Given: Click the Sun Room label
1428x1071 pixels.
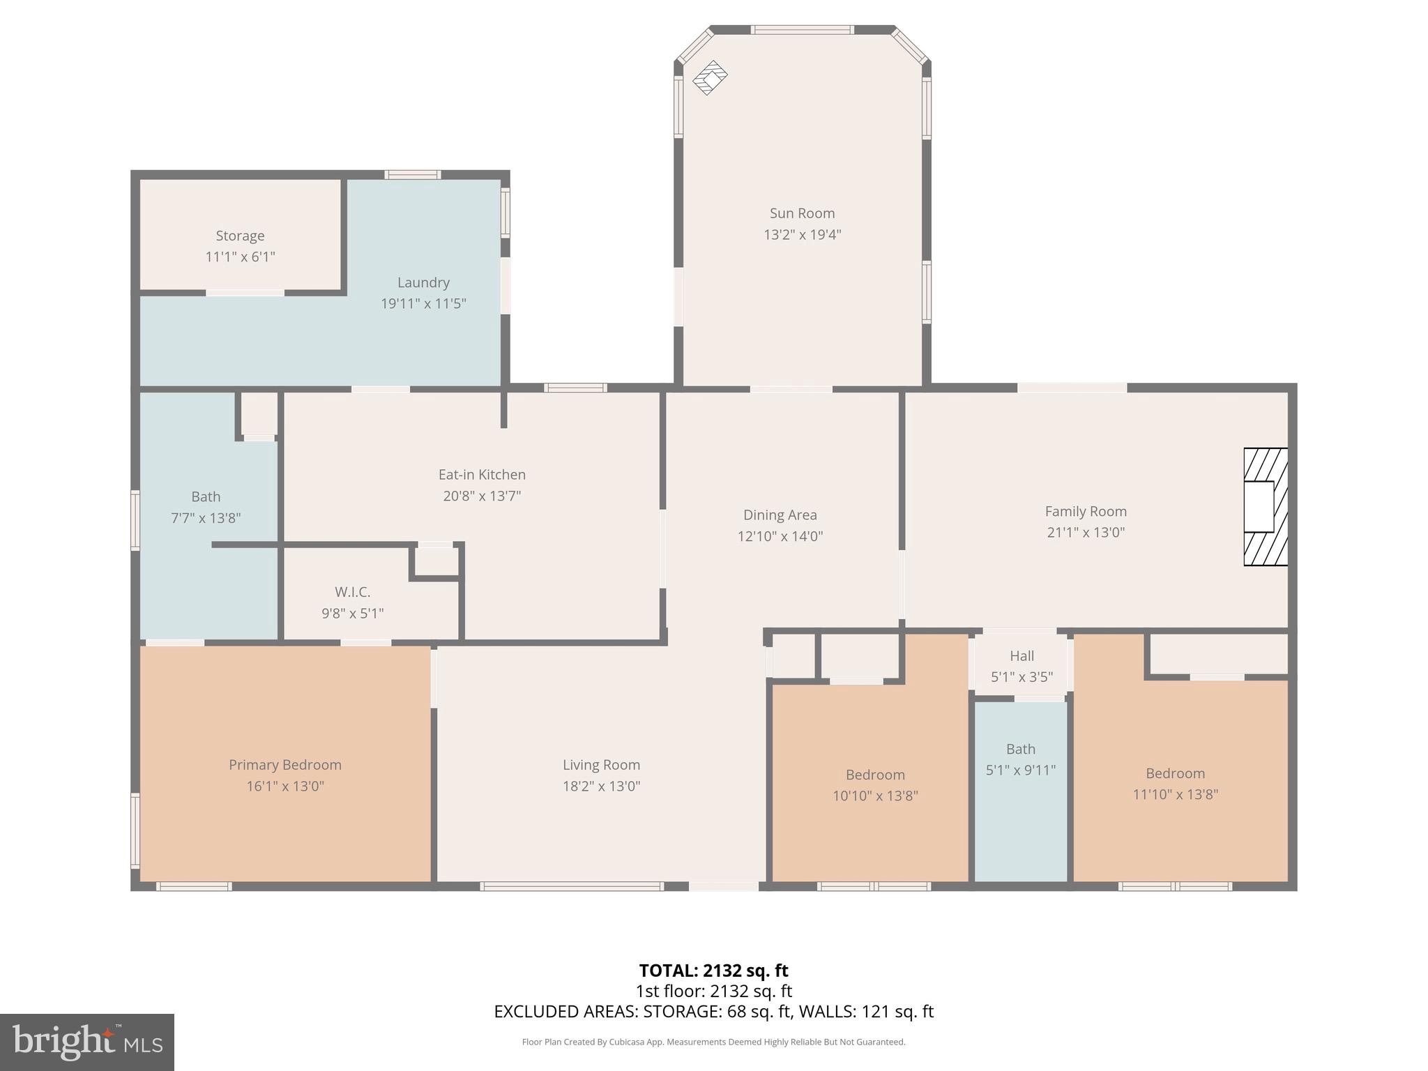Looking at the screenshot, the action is [802, 213].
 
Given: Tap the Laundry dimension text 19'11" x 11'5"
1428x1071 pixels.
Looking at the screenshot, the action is [423, 303].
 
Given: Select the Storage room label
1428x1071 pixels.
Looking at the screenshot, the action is [240, 236].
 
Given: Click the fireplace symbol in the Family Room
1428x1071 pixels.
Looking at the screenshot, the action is [1266, 506].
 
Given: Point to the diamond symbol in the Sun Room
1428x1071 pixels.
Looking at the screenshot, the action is [710, 77].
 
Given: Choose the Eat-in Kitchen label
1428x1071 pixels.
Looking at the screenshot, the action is [482, 474].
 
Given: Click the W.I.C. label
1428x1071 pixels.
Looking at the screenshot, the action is [352, 592].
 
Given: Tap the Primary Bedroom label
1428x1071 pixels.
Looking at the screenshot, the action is [285, 765].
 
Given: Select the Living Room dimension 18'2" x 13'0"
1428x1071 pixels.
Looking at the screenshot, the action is [601, 786].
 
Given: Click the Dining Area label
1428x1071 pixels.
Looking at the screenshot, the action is [780, 515].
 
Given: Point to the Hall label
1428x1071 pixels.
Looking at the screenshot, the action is [1021, 655].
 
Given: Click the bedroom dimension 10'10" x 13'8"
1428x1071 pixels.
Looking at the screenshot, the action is [875, 796].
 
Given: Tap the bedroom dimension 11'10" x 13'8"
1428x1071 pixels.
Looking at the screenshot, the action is [1176, 794].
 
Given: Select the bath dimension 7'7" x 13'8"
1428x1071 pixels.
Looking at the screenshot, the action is [206, 518].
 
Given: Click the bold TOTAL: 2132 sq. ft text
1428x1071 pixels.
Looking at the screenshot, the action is [713, 971].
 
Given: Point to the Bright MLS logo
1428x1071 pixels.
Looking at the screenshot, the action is [87, 1042].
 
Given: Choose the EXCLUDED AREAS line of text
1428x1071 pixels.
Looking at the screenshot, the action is [713, 1012].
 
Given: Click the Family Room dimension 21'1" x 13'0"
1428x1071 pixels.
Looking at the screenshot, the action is [1086, 532].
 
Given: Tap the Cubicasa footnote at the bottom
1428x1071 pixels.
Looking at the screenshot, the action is [713, 1042].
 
